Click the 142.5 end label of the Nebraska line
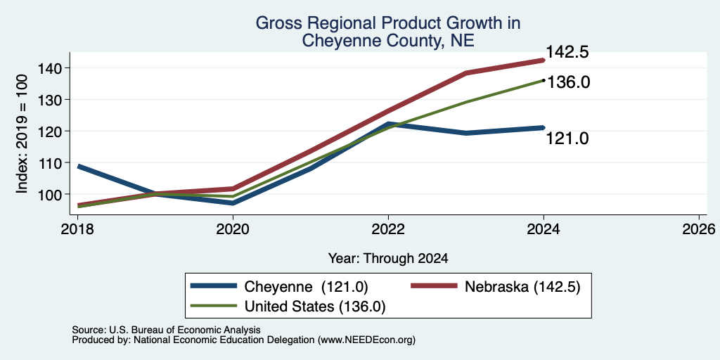567,52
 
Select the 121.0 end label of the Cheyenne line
567,139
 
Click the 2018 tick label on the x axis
77,229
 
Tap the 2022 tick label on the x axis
388,229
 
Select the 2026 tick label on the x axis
699,229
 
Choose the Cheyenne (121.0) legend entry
280,287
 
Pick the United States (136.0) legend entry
288,307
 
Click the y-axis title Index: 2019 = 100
22,134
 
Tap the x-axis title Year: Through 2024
388,259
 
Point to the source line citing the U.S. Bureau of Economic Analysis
166,330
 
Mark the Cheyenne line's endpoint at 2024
544,128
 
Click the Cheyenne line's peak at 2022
388,124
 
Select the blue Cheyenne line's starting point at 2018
79,166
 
